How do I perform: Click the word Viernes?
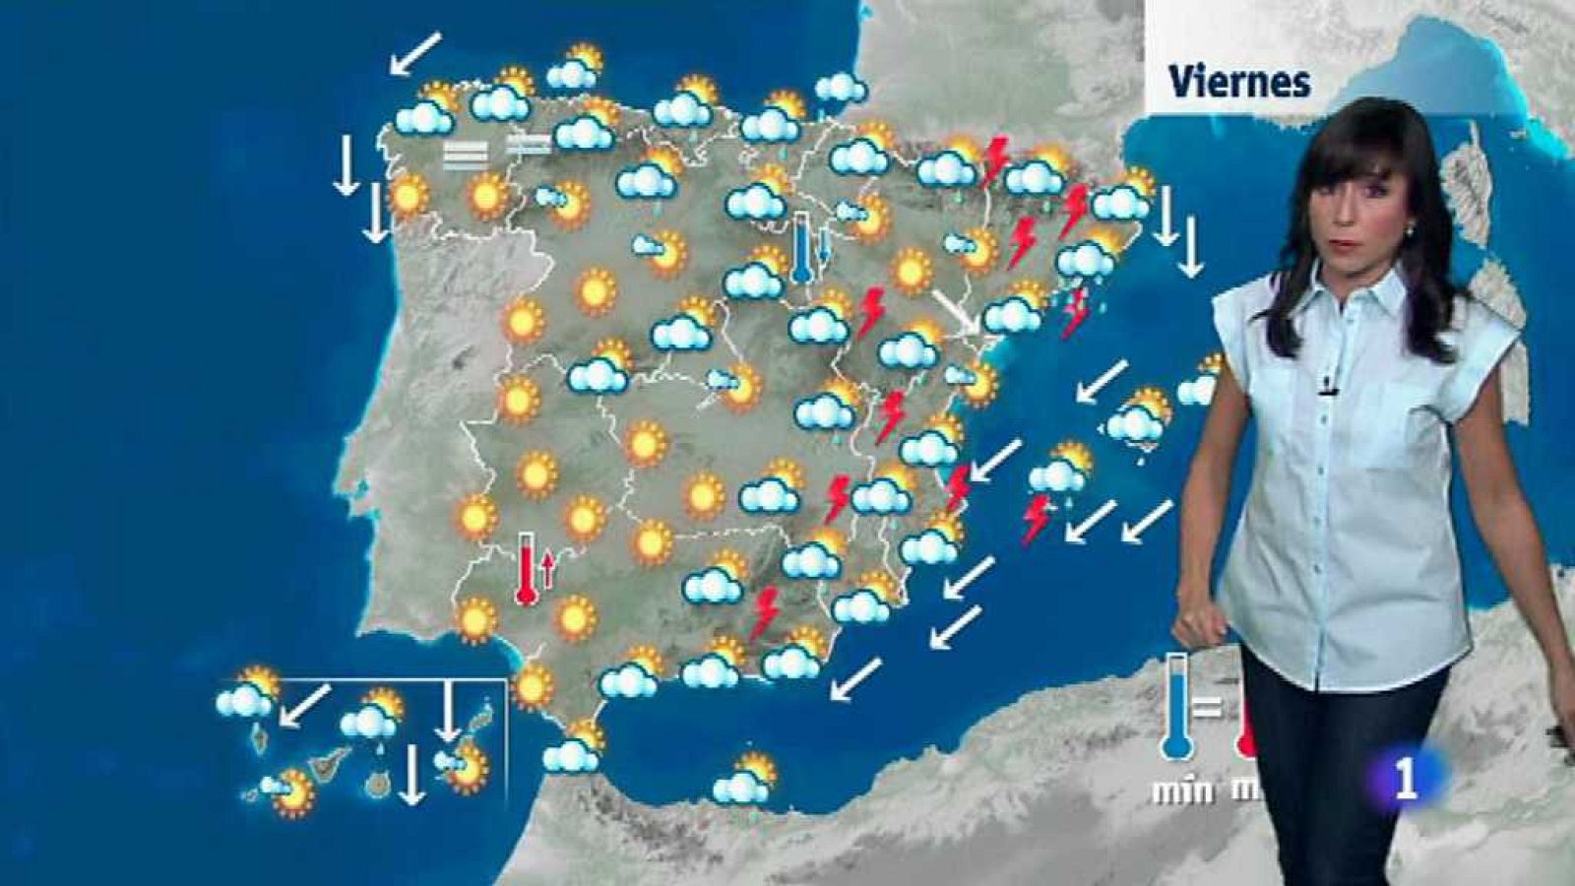coord(1239,81)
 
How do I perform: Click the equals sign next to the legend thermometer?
coord(1209,707)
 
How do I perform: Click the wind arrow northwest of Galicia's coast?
coord(414,53)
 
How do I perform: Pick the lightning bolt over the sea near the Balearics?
coord(1035,519)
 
